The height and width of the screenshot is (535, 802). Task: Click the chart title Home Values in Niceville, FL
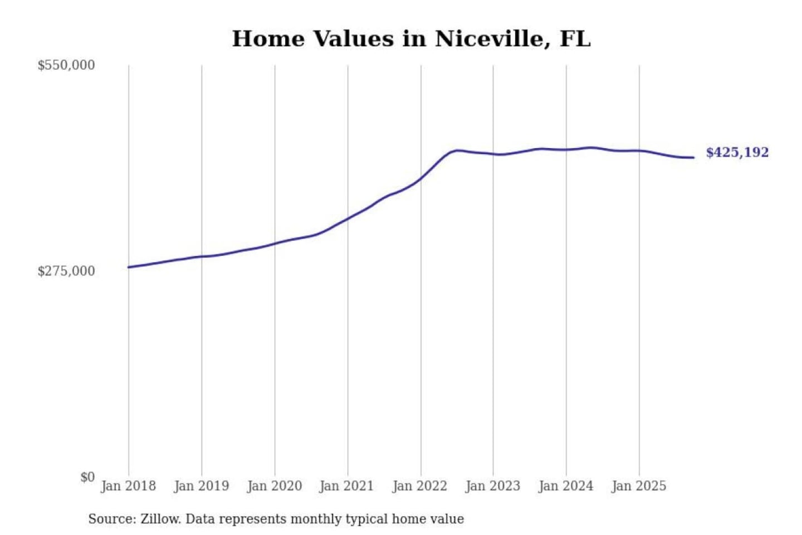411,39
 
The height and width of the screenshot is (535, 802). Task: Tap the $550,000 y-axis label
66,65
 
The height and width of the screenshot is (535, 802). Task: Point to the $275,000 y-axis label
66,271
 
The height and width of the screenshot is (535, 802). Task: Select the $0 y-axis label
87,477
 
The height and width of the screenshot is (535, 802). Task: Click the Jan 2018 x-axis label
128,486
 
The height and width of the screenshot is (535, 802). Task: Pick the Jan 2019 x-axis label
201,486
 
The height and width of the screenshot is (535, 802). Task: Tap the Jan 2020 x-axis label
274,486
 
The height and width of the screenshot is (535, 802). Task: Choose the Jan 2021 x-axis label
346,486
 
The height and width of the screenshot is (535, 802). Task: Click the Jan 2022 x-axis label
419,486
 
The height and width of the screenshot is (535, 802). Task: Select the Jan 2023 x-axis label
492,486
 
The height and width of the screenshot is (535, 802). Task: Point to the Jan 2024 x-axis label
565,486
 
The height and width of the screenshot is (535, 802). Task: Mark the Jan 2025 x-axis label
638,486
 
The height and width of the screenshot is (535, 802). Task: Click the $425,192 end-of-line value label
737,153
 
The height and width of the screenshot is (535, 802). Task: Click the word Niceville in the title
489,39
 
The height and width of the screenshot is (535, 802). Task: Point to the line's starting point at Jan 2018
129,267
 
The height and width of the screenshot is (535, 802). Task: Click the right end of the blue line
693,158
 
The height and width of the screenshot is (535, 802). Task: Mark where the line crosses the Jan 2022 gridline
421,178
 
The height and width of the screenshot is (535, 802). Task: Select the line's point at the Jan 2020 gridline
275,243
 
